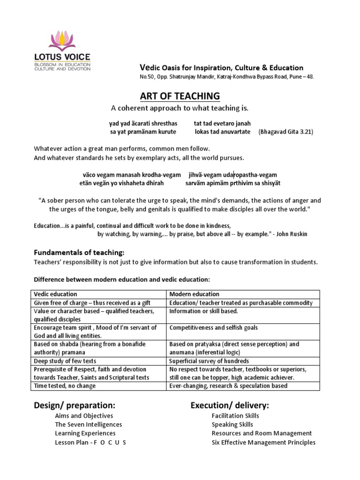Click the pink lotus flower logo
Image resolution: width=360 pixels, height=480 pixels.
tap(62, 41)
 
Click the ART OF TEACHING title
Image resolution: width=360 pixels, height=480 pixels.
tap(180, 96)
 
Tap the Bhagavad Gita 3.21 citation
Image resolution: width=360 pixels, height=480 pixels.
tap(285, 132)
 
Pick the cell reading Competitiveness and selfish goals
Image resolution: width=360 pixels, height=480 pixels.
tap(213, 328)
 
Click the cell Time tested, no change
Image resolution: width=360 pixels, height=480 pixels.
tap(65, 386)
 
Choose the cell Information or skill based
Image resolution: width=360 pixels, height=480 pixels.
tap(203, 311)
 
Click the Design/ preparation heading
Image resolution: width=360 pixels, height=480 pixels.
tap(75, 405)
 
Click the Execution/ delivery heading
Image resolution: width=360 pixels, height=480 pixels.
tap(230, 405)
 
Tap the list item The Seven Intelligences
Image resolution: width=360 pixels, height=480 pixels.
tap(88, 425)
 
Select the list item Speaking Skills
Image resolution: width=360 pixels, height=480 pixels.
tap(232, 425)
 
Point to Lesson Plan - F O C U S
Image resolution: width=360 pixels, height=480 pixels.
tap(90, 442)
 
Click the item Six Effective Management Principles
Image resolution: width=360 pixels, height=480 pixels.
tap(263, 442)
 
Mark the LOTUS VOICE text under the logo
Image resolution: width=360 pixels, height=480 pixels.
tap(62, 57)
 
